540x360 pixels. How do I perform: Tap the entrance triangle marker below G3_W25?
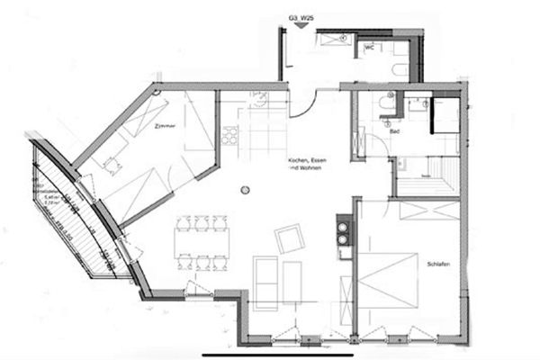coord(300,26)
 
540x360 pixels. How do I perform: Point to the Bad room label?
coord(394,133)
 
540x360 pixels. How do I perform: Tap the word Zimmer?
coord(164,127)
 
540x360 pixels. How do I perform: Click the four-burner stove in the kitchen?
coord(229,136)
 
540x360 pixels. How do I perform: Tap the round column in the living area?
coord(243,190)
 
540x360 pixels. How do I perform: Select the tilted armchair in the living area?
coord(289,239)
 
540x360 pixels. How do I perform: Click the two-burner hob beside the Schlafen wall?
coord(343,233)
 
